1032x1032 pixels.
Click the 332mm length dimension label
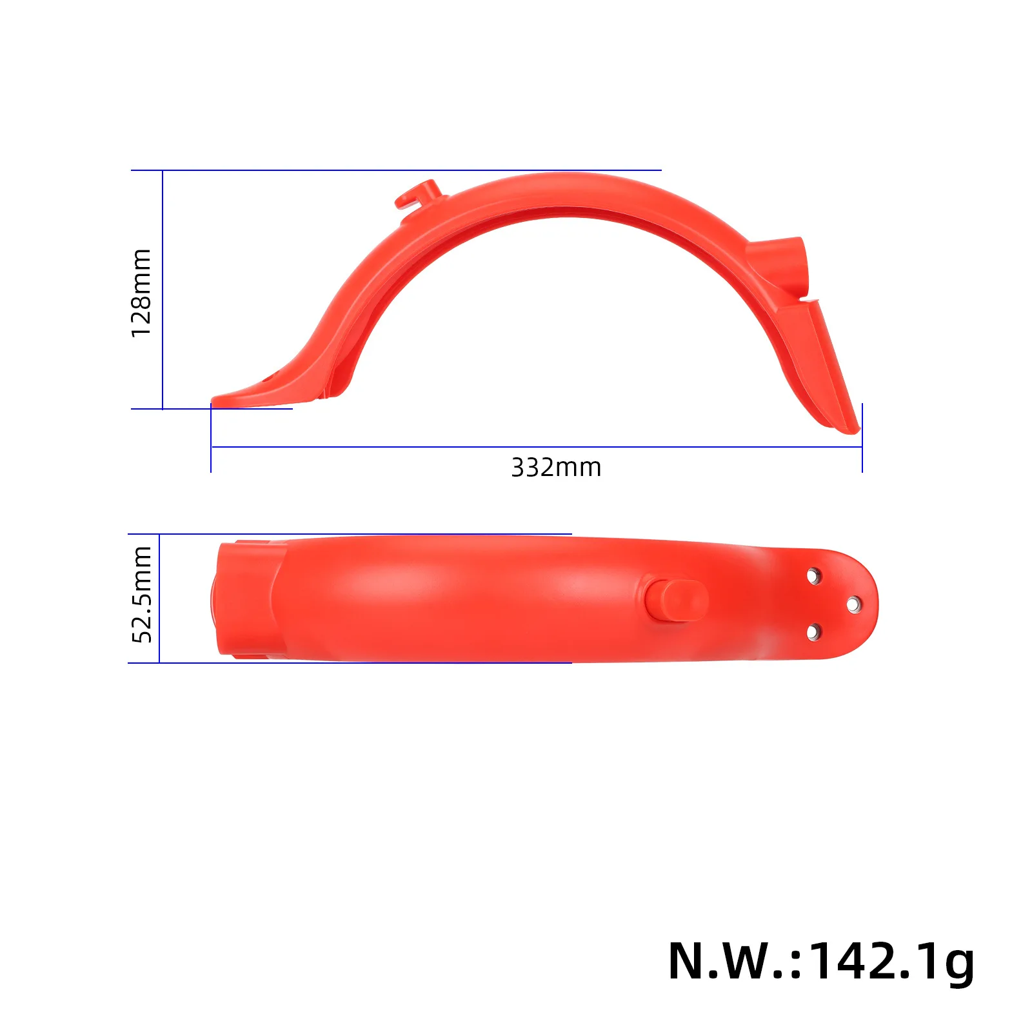point(556,468)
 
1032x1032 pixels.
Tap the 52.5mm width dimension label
point(141,594)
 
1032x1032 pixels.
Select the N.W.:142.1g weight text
point(820,962)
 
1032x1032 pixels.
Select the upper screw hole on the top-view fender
point(814,575)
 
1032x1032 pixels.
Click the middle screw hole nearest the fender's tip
point(853,604)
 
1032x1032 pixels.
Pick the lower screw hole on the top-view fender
point(814,632)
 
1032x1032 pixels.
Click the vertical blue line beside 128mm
point(163,290)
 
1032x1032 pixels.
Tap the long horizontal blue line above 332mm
point(535,446)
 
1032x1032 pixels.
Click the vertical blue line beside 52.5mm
point(159,598)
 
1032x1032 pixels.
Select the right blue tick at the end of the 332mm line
point(862,439)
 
